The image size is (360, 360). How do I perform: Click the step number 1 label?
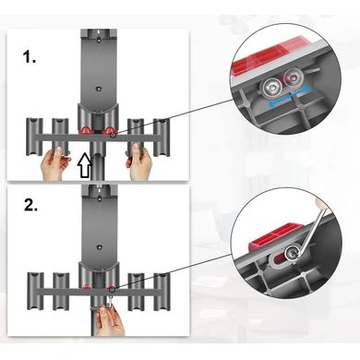pos(30,57)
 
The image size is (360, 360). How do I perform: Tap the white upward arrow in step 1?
pos(85,165)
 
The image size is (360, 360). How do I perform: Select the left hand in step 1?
pos(54,162)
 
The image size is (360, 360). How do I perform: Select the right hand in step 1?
pos(139,162)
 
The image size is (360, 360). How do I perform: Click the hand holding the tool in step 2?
pos(108,320)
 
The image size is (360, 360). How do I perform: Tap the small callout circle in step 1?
pos(114,135)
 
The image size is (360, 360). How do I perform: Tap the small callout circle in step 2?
pos(112,289)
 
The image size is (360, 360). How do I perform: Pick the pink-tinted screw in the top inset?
pos(292,77)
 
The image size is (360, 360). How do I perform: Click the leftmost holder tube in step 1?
pos(33,137)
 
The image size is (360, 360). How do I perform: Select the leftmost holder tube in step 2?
pos(34,292)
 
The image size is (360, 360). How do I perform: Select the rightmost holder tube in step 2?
pos(162,292)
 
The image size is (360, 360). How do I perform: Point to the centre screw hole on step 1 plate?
pos(98,89)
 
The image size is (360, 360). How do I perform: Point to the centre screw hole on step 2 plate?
pos(99,246)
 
